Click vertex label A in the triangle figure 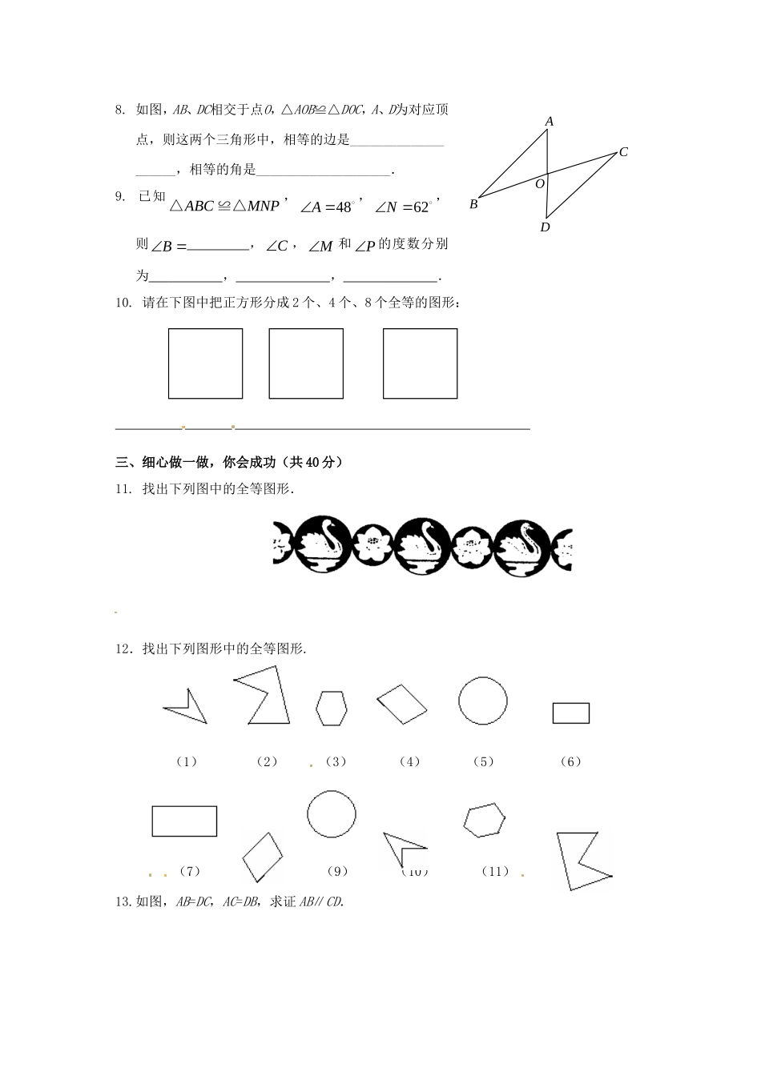pos(550,122)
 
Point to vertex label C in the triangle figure pos(623,152)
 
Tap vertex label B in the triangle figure pos(473,204)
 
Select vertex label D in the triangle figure pos(545,227)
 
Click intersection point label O pos(540,183)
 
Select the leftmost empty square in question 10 pos(205,363)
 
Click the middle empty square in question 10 pos(306,363)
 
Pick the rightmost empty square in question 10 pos(420,363)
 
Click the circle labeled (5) pos(483,701)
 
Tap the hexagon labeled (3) pos(332,709)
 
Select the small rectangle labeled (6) pos(571,713)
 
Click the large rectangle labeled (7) pos(184,821)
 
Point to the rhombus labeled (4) pos(402,704)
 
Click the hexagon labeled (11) pos(485,821)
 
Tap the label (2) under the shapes pos(267,761)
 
